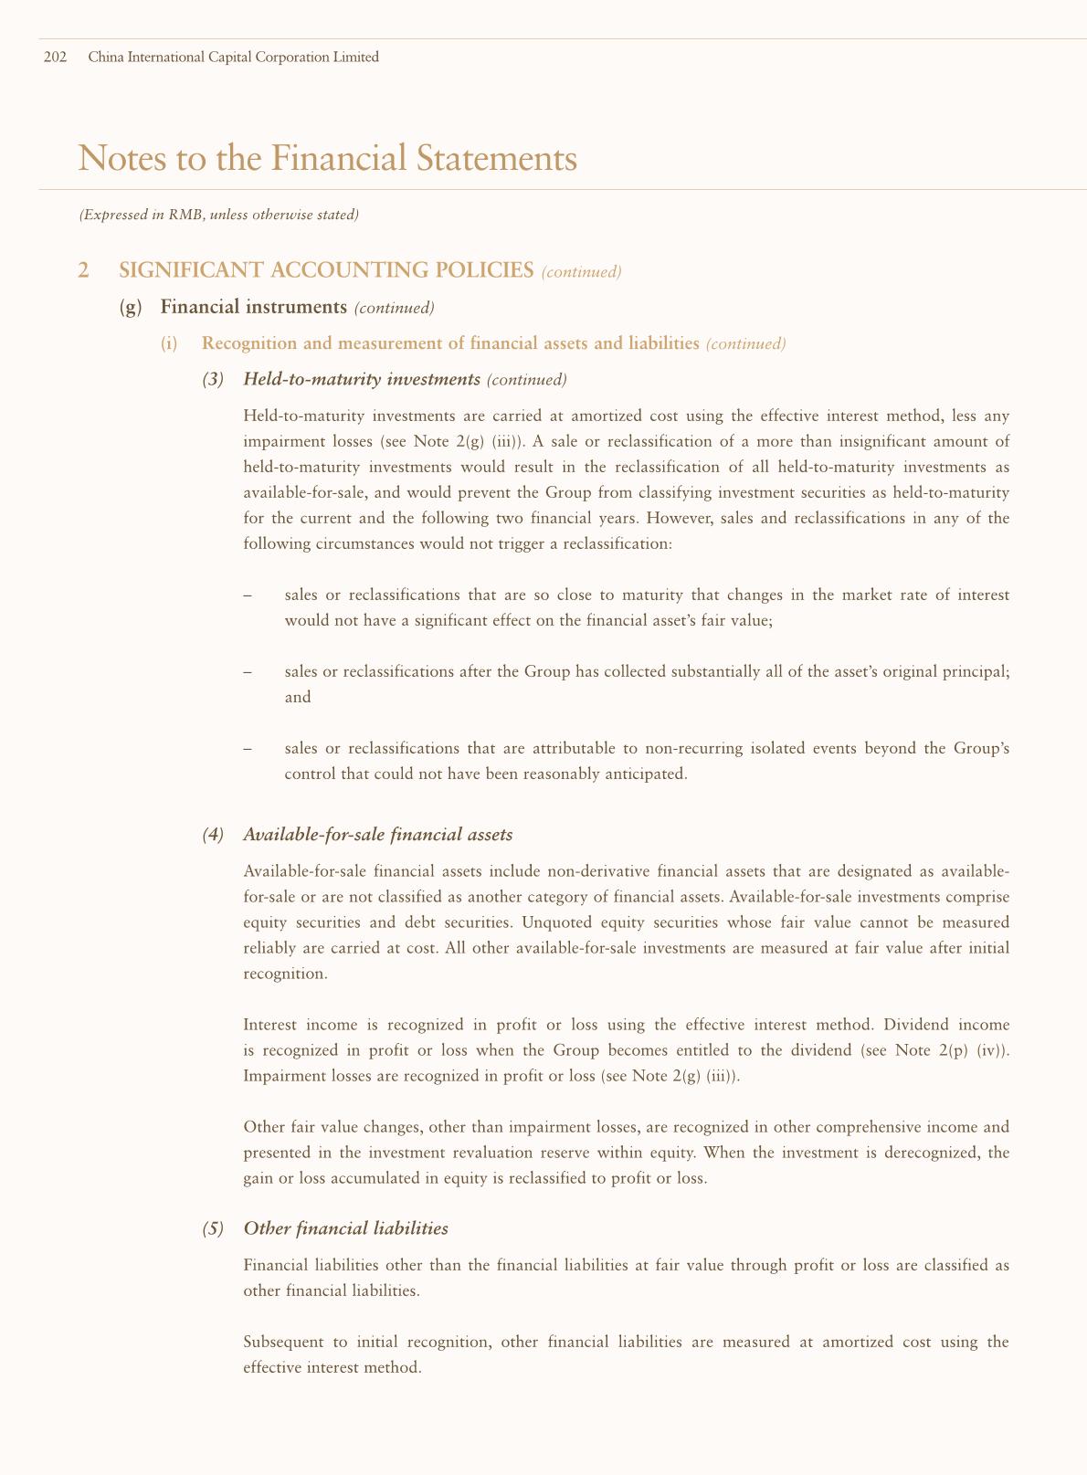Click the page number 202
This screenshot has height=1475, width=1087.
click(x=55, y=58)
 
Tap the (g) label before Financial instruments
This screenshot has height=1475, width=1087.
click(x=131, y=307)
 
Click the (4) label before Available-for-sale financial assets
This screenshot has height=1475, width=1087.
click(x=212, y=834)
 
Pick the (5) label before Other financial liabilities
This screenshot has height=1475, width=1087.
click(x=212, y=1228)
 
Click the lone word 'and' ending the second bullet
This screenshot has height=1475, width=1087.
click(x=298, y=697)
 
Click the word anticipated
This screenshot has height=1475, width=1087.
click(x=638, y=774)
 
